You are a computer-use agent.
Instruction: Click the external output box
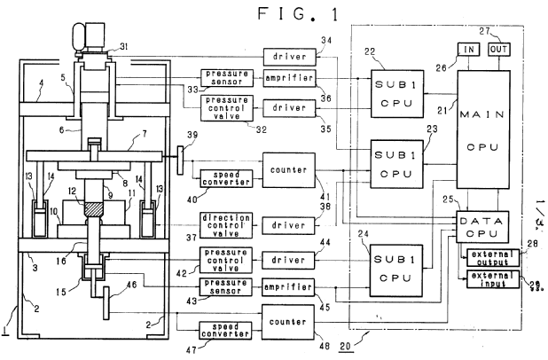point(489,257)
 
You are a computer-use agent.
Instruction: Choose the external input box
point(489,282)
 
